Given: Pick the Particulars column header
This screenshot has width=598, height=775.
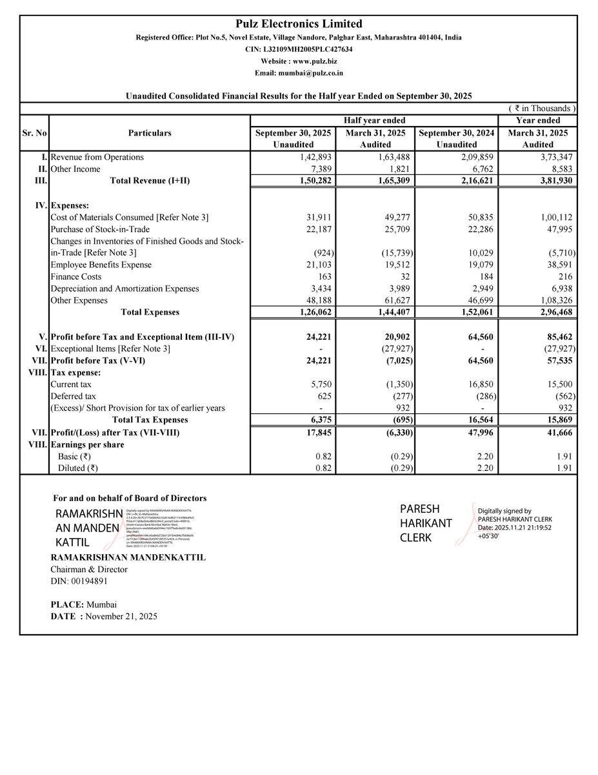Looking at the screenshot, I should tap(149, 132).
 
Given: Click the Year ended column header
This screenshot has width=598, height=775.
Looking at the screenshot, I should tap(538, 120).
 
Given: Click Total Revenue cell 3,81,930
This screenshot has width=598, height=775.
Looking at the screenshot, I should tap(555, 181).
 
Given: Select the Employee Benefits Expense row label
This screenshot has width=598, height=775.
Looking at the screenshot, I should tap(101, 265).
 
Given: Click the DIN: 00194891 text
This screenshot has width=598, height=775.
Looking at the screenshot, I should tap(79, 581).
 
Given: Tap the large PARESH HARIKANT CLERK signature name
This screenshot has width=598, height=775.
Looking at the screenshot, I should tap(426, 522).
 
